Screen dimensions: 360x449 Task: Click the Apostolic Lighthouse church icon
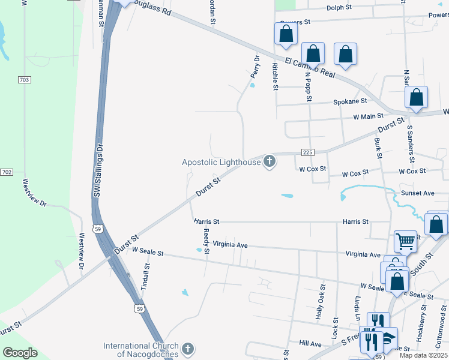click(x=270, y=161)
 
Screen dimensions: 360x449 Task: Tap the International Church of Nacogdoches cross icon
click(x=188, y=349)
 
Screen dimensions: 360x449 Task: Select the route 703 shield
click(x=24, y=80)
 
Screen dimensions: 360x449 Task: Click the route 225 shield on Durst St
click(x=308, y=152)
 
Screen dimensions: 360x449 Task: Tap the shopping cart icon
click(x=405, y=241)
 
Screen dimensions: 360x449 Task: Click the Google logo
click(x=20, y=353)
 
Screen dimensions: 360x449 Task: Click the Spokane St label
click(x=351, y=101)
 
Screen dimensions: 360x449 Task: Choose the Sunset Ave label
click(x=417, y=193)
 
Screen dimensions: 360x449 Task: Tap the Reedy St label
click(x=206, y=241)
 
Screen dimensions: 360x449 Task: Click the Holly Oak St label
click(x=321, y=307)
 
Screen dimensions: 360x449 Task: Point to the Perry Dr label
click(x=255, y=67)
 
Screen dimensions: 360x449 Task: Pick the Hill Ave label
click(x=310, y=344)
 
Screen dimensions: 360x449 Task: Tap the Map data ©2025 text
click(x=423, y=355)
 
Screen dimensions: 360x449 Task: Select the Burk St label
click(x=379, y=148)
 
